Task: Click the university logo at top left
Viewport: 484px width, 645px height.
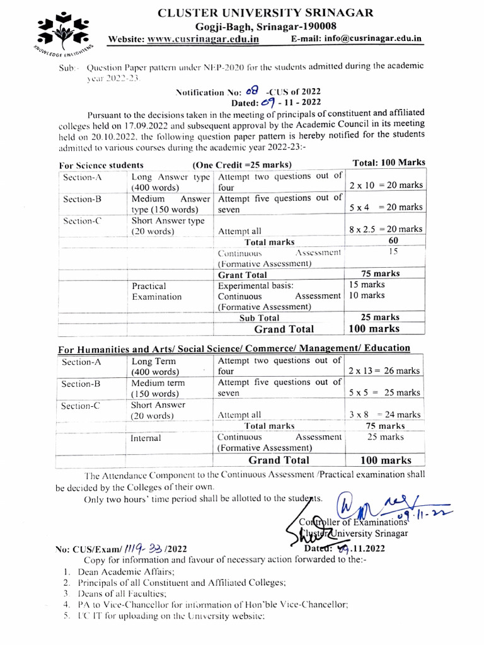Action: pyautogui.click(x=62, y=31)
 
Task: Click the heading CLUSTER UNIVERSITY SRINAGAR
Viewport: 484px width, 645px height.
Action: pyautogui.click(x=265, y=12)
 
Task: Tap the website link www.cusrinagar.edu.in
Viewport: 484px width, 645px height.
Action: pyautogui.click(x=202, y=40)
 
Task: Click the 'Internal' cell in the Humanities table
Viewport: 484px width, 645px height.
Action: pyautogui.click(x=146, y=438)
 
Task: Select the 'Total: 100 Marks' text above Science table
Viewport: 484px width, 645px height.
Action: pyautogui.click(x=389, y=163)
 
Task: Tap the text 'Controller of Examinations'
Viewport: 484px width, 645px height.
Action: pyautogui.click(x=352, y=522)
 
